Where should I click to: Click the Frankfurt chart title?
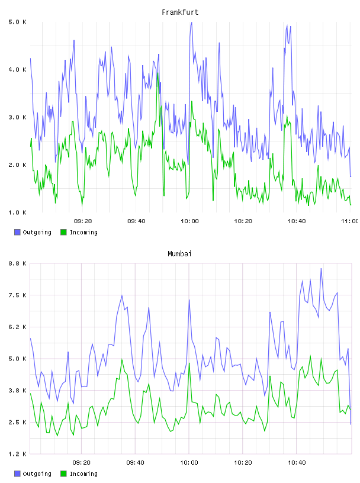coord(180,12)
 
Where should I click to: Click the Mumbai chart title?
coord(179,254)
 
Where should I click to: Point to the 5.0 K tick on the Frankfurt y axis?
coord(17,22)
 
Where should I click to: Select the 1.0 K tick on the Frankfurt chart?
coord(17,212)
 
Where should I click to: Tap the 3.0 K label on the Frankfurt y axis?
coord(17,117)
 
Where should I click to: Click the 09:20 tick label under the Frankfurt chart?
coord(83,221)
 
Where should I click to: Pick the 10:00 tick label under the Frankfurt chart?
coord(189,221)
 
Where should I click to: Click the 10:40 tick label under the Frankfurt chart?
coord(297,221)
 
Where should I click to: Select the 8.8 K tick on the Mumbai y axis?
coord(17,263)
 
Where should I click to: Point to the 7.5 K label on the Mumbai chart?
coord(17,295)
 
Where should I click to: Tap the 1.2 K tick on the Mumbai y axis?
coord(17,454)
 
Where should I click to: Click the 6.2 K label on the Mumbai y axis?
coord(17,327)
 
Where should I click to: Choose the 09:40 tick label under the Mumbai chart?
coord(136,463)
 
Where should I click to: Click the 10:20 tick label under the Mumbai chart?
coord(243,463)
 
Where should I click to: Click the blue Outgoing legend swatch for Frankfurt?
coord(17,232)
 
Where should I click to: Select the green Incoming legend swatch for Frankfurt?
coord(63,232)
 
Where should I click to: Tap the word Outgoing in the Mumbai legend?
coord(37,474)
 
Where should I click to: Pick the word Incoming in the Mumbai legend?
coord(83,474)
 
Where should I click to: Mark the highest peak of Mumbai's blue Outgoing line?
coord(321,269)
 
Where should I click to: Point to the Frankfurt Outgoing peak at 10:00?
coord(191,22)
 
